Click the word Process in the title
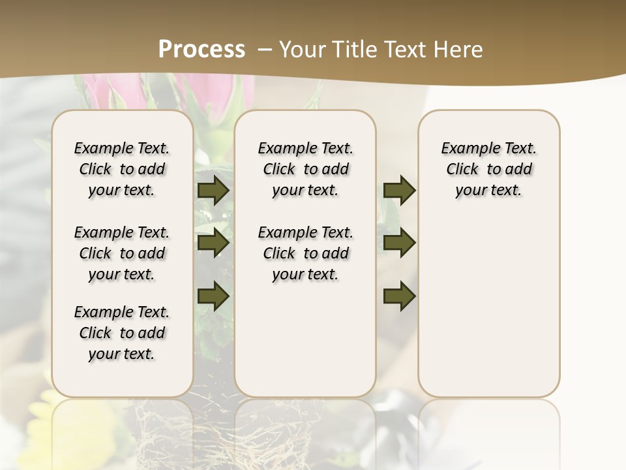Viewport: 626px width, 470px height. coord(201,50)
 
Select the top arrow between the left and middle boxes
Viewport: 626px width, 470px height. coord(213,191)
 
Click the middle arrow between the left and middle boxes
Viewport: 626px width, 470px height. coord(213,243)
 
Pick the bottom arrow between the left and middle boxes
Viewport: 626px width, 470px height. coord(213,296)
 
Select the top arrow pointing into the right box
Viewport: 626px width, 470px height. coord(399,191)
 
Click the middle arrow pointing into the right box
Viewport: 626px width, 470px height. coord(399,243)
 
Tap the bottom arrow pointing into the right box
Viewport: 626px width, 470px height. coord(399,296)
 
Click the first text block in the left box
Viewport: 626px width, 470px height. coord(122,169)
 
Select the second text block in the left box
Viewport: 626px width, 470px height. coord(122,253)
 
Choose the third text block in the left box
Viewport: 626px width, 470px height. coord(122,333)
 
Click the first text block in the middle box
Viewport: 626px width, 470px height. coord(305,169)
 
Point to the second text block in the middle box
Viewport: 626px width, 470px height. coord(305,253)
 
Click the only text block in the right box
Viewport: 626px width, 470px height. coord(488,169)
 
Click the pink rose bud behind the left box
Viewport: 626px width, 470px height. coord(104,91)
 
